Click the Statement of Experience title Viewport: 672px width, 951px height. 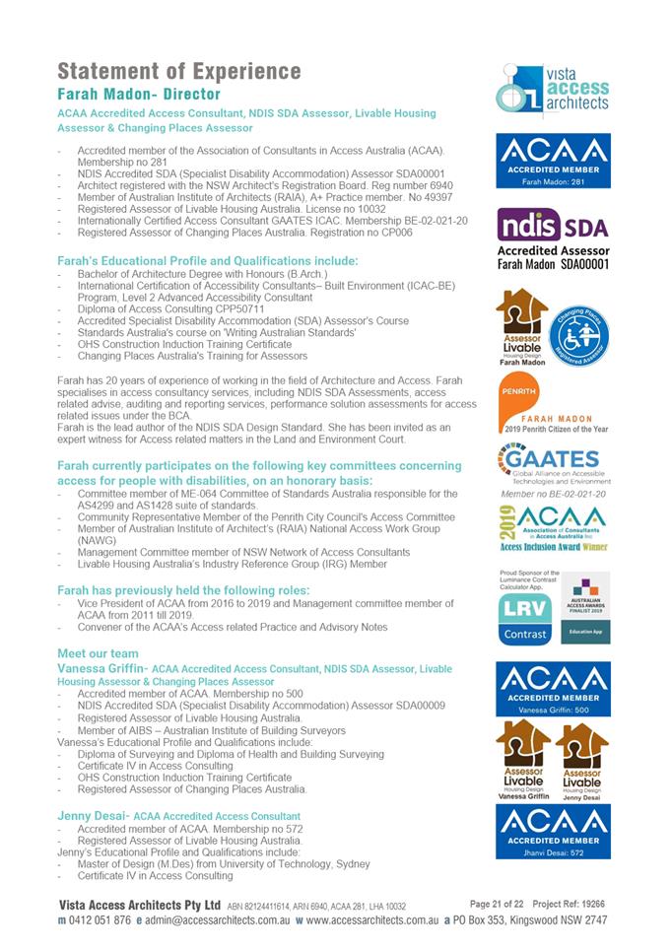[x=178, y=71]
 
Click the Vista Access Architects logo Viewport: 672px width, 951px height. [x=553, y=90]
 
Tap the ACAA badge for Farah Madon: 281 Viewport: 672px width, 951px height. [x=553, y=161]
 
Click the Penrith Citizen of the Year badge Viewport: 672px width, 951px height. [x=553, y=408]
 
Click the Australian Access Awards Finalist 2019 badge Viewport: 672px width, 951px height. [x=585, y=607]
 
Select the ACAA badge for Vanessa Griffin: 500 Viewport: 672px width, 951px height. [x=553, y=688]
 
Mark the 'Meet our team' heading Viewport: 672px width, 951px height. [x=98, y=653]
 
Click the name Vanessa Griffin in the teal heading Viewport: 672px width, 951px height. [x=102, y=669]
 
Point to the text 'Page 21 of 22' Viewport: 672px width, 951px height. [x=498, y=903]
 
